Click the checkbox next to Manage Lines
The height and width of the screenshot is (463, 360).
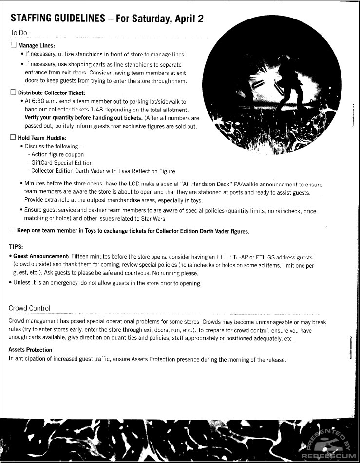[13, 45]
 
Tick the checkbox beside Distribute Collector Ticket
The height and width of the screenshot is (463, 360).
[13, 93]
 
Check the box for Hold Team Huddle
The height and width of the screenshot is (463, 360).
[13, 138]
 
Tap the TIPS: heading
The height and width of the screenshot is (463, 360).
[17, 247]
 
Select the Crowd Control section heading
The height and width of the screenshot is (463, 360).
[29, 308]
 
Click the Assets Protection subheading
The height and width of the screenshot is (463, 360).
[30, 350]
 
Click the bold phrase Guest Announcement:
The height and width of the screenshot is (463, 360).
[41, 257]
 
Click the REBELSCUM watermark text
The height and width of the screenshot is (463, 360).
[330, 456]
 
